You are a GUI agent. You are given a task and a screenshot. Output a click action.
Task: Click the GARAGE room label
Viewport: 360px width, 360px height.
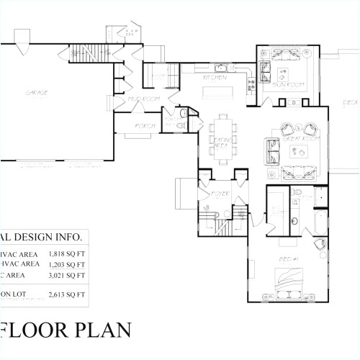point(38,93)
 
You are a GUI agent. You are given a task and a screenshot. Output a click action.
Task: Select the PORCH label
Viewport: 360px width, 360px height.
point(142,125)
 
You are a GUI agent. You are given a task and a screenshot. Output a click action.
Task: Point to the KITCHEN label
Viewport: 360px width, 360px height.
point(215,78)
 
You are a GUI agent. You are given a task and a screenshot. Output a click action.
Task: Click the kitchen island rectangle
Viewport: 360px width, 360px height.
point(216,91)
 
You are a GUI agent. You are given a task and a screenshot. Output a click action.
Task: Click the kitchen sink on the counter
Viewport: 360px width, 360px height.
point(222,69)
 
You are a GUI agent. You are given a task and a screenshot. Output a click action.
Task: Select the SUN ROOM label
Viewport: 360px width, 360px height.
point(286,86)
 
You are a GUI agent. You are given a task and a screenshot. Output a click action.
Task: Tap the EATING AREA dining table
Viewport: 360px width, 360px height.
point(222,135)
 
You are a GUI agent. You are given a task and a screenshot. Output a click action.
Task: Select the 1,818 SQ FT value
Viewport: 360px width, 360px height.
point(66,254)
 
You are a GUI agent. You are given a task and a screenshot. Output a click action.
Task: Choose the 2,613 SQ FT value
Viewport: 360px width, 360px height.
point(66,295)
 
